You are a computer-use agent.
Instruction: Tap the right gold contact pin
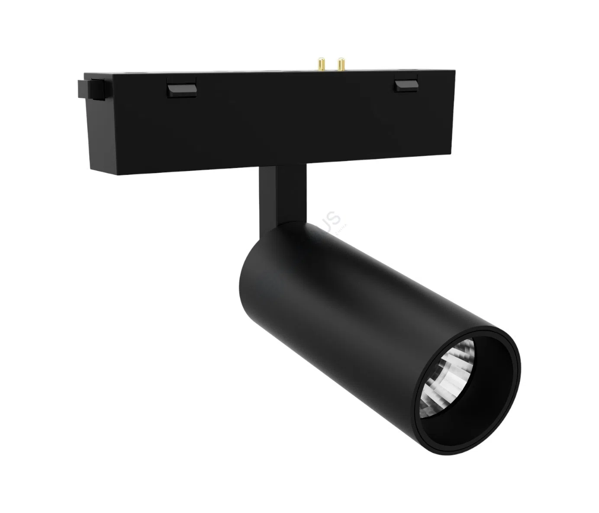(341, 65)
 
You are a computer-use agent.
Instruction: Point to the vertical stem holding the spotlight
(283, 195)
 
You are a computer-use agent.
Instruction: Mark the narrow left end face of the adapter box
(95, 125)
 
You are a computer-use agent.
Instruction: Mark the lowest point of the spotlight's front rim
(450, 450)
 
